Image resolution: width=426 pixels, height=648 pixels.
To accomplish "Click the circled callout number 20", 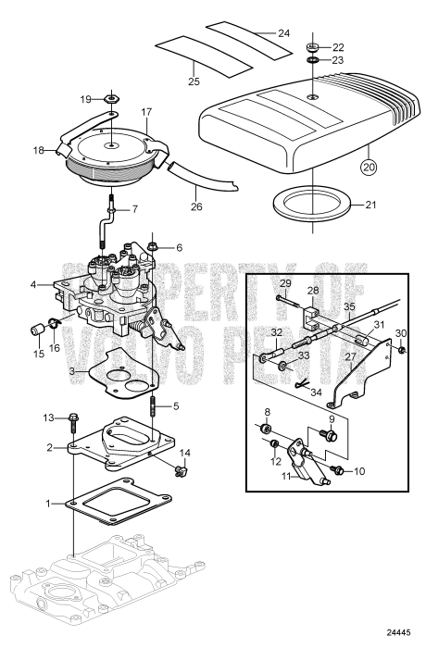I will (x=370, y=167).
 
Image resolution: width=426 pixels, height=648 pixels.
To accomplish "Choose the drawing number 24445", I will (x=399, y=633).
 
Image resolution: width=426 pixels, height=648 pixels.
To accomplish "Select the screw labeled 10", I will (x=336, y=471).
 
